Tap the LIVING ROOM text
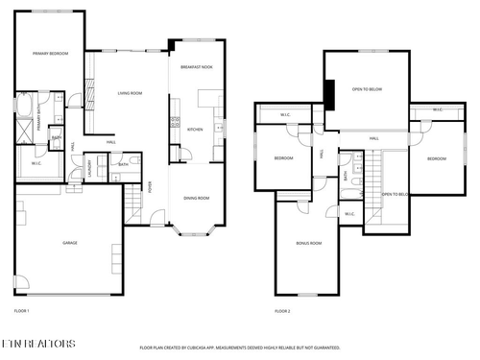point(131,93)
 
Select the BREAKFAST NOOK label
point(197,66)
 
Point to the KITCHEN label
point(195,129)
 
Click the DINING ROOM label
point(197,198)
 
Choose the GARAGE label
point(70,243)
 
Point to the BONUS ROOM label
point(308,244)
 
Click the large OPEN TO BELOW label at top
point(367,89)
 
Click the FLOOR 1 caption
point(22,311)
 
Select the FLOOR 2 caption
point(282,311)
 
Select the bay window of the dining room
point(197,230)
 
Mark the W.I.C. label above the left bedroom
point(285,115)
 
